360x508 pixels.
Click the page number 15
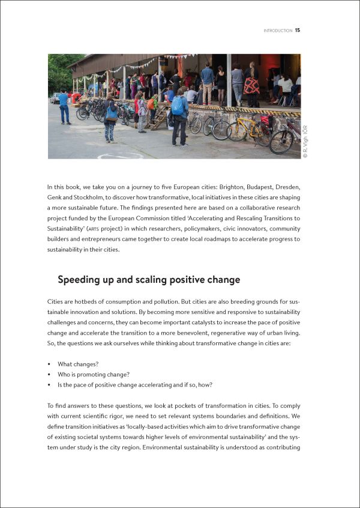(x=298, y=31)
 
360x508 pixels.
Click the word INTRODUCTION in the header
(x=278, y=31)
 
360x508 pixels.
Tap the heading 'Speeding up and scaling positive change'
(x=148, y=279)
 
